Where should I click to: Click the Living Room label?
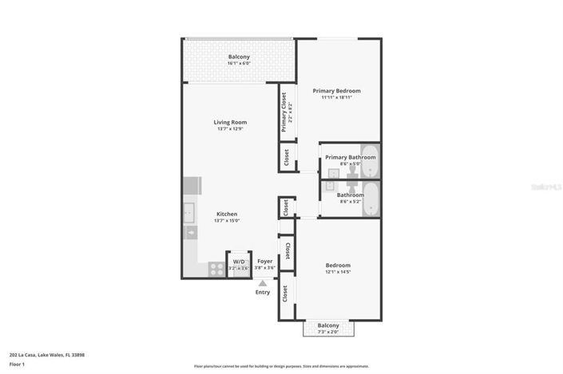pos(229,122)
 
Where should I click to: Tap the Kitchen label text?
pos(228,214)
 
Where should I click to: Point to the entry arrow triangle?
pos(263,281)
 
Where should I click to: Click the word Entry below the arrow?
pos(263,292)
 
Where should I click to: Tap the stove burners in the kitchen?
pos(215,269)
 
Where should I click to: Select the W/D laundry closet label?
pos(239,262)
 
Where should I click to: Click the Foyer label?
pos(265,261)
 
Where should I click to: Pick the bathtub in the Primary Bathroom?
pos(370,161)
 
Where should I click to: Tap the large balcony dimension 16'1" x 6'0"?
pos(239,64)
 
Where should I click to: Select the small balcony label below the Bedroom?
pos(328,325)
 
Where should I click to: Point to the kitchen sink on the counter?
pos(188,213)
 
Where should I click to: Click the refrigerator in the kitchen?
pos(191,185)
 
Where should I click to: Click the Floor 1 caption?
pos(17,364)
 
